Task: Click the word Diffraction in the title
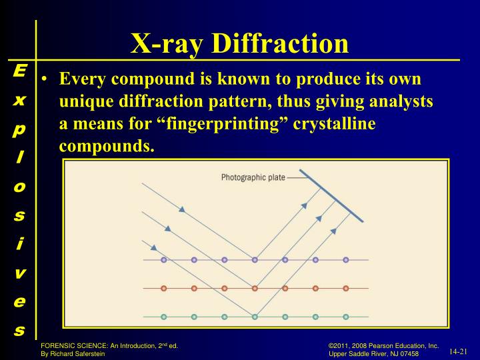point(280,43)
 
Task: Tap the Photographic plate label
point(252,177)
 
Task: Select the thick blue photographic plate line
point(331,195)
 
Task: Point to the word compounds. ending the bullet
point(107,145)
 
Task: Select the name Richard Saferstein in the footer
point(79,353)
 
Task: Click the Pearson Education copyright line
point(383,345)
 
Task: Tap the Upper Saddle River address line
point(373,353)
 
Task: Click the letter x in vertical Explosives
point(19,100)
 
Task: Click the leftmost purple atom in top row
point(163,260)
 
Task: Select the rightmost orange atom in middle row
point(345,289)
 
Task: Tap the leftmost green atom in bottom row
point(163,317)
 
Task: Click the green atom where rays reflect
point(254,317)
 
